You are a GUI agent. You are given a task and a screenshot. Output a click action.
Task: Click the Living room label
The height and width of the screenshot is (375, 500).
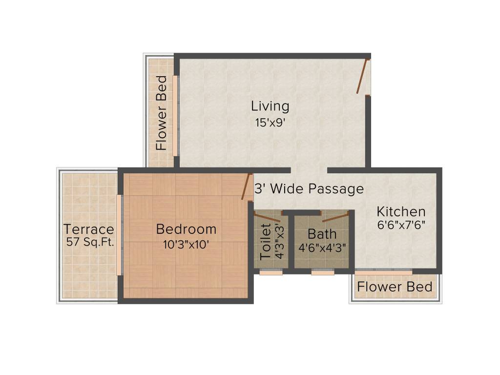pos(270,106)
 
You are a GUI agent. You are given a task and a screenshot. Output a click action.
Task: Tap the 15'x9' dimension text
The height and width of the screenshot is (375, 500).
pos(270,123)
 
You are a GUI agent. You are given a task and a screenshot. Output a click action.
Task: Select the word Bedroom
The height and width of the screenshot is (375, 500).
pos(186,229)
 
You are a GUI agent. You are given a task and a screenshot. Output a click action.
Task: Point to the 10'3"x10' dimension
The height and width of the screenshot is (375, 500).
pos(186,245)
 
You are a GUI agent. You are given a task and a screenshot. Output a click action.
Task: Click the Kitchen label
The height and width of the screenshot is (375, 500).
pos(401,212)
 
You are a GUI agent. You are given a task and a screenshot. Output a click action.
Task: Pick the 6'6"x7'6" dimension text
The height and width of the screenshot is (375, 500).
pos(401,226)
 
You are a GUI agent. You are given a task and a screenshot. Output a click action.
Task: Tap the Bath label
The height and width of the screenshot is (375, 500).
pos(322,233)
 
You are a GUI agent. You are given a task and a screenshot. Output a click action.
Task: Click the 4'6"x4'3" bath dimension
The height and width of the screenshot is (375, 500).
pos(322,248)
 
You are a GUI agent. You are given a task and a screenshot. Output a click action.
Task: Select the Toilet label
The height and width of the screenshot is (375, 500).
pos(266,241)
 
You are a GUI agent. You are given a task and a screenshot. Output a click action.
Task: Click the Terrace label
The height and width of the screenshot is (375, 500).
pos(89,229)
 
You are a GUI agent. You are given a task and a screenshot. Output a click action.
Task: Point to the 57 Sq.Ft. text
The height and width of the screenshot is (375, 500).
pos(90,242)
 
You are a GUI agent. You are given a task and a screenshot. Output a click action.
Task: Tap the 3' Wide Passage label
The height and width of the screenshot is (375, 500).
pos(309,189)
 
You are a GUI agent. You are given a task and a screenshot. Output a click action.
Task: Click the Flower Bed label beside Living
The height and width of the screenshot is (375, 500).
pos(162,112)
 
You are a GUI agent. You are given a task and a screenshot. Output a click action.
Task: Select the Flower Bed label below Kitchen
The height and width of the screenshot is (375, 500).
pos(395,287)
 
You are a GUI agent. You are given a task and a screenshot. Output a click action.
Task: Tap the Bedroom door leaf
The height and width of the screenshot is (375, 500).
pos(246,187)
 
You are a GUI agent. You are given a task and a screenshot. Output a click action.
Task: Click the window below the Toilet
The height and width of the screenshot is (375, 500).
pos(271,273)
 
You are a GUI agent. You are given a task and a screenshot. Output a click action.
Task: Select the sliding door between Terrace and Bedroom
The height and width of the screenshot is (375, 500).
pos(119,235)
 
